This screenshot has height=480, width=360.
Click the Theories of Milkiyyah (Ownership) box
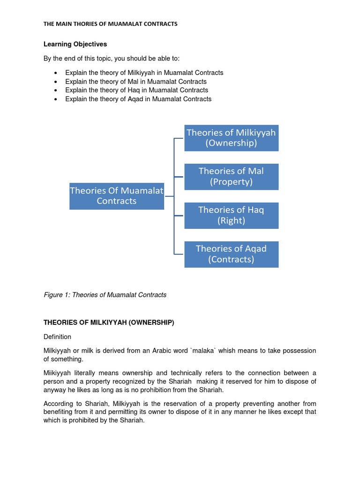(x=231, y=138)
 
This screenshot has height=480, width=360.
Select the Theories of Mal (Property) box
(x=231, y=177)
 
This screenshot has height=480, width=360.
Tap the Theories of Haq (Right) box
(x=231, y=215)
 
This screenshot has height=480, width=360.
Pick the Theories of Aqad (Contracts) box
(x=231, y=254)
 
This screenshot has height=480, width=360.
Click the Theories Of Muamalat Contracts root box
(x=117, y=196)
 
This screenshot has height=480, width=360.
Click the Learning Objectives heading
(x=75, y=44)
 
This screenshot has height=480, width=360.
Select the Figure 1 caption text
(x=105, y=295)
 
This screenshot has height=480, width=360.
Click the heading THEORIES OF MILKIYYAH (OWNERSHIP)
(x=109, y=322)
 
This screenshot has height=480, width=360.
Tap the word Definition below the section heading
(x=57, y=337)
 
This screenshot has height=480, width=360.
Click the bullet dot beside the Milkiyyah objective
(x=56, y=73)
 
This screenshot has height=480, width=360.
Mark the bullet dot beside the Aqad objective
(x=56, y=99)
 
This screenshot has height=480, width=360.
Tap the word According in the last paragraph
(x=59, y=404)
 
